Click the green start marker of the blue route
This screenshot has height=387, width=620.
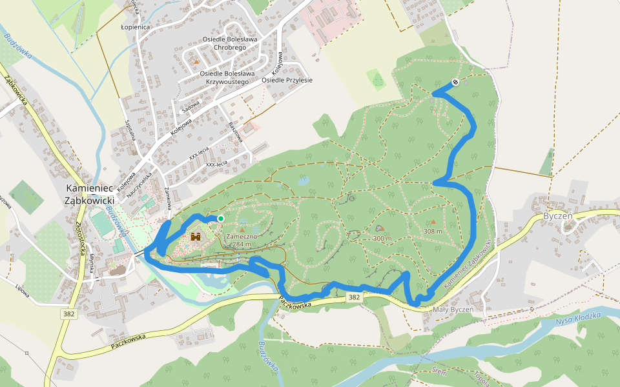[x=220, y=219]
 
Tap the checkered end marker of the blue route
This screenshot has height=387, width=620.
[x=455, y=82]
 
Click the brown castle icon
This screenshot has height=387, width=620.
[x=196, y=237]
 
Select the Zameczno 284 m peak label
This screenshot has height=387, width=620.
[x=243, y=240]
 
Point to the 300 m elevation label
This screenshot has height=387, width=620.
[x=382, y=239]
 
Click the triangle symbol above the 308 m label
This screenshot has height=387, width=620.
[x=433, y=222]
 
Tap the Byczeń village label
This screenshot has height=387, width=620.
[x=558, y=216]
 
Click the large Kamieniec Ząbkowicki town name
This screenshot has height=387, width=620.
[x=90, y=194]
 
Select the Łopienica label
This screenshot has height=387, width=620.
[x=136, y=28]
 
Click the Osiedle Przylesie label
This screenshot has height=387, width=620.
[x=287, y=80]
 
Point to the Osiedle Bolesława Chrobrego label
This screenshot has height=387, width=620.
[x=230, y=44]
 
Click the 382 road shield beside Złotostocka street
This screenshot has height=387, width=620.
[x=69, y=313]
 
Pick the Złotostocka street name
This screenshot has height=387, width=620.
[x=81, y=236]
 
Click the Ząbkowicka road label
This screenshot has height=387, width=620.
[x=15, y=91]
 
